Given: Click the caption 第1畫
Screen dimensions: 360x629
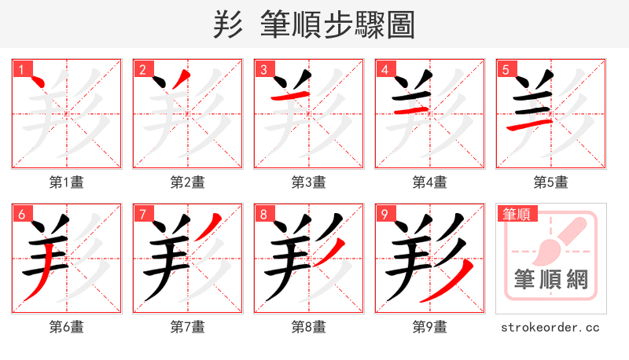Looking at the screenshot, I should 67,182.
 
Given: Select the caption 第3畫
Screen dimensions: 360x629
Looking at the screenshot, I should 309,182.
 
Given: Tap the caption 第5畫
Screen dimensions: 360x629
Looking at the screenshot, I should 551,182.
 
